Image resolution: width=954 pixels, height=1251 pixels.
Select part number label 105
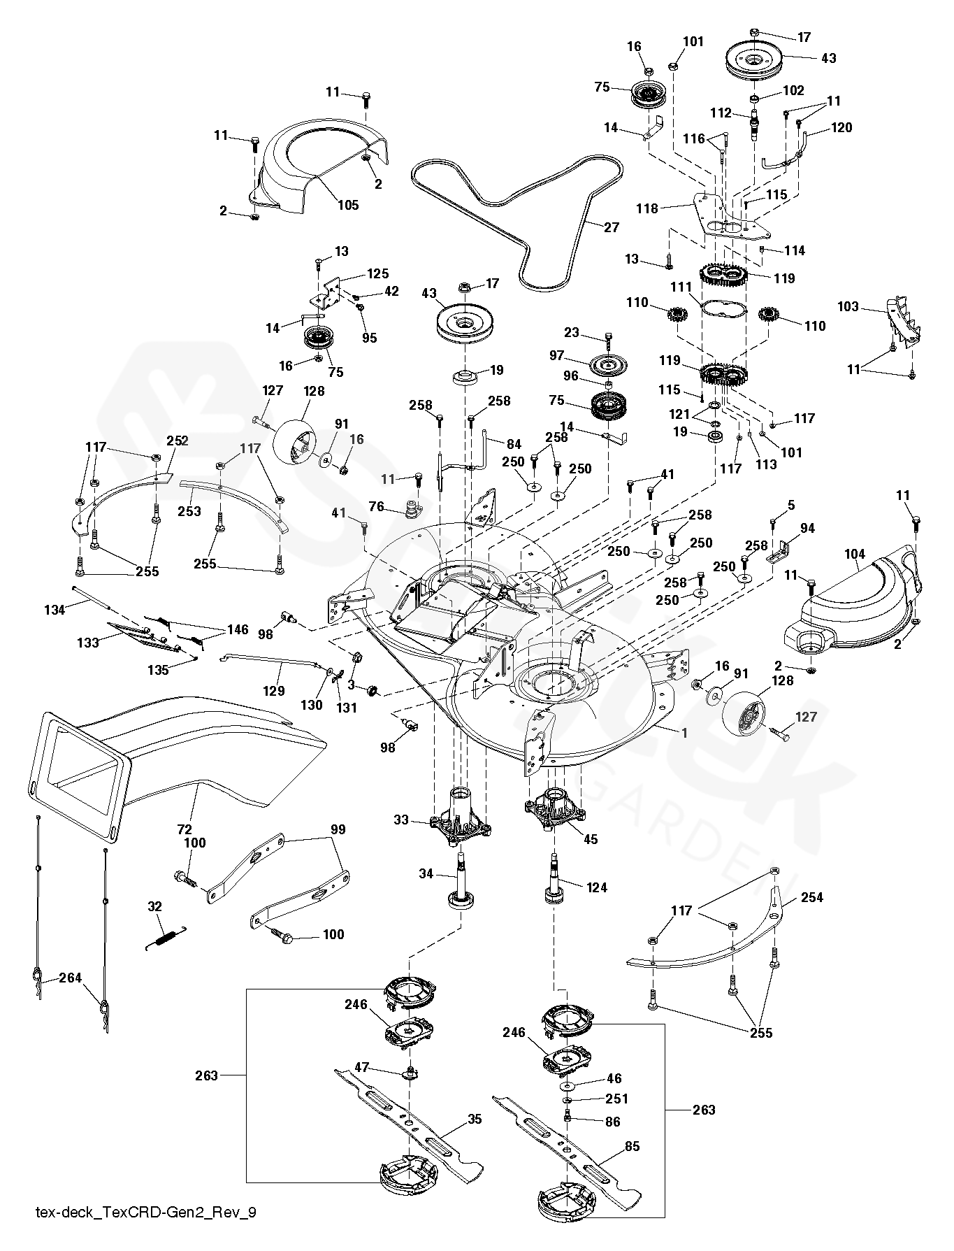pyautogui.click(x=348, y=205)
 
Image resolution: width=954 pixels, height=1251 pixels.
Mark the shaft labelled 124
pyautogui.click(x=555, y=880)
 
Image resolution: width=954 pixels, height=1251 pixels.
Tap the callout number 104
pyautogui.click(x=854, y=555)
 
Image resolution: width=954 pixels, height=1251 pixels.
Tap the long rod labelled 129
pyautogui.click(x=270, y=662)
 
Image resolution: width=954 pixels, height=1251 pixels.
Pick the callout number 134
pyautogui.click(x=55, y=610)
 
